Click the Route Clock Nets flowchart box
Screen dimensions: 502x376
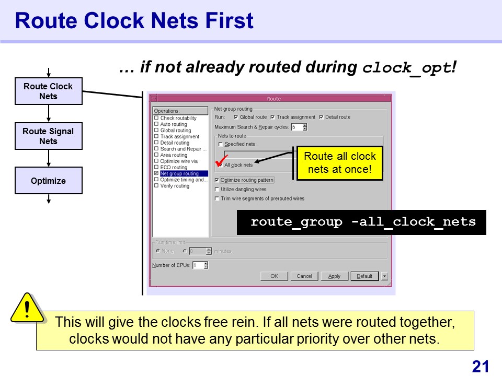pos(48,91)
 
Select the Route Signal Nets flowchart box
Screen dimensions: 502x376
pos(48,136)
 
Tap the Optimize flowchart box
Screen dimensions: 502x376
pos(48,180)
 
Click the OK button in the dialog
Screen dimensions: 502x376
pos(274,276)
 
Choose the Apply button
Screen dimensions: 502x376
pos(334,276)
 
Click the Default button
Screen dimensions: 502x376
pos(364,276)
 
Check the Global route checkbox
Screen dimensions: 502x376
pos(236,117)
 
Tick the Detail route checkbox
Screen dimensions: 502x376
pos(321,117)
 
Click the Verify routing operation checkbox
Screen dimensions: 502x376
pos(156,185)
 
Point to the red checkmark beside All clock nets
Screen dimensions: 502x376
pos(222,161)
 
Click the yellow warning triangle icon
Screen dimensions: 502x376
pos(27,308)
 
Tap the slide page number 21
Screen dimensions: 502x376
pos(480,367)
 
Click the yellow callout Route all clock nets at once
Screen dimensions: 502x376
pos(340,163)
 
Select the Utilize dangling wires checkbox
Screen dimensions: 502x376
pos(216,189)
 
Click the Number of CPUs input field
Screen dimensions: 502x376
pos(198,265)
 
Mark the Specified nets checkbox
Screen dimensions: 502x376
pos(220,144)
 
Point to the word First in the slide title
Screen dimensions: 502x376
pos(229,21)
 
